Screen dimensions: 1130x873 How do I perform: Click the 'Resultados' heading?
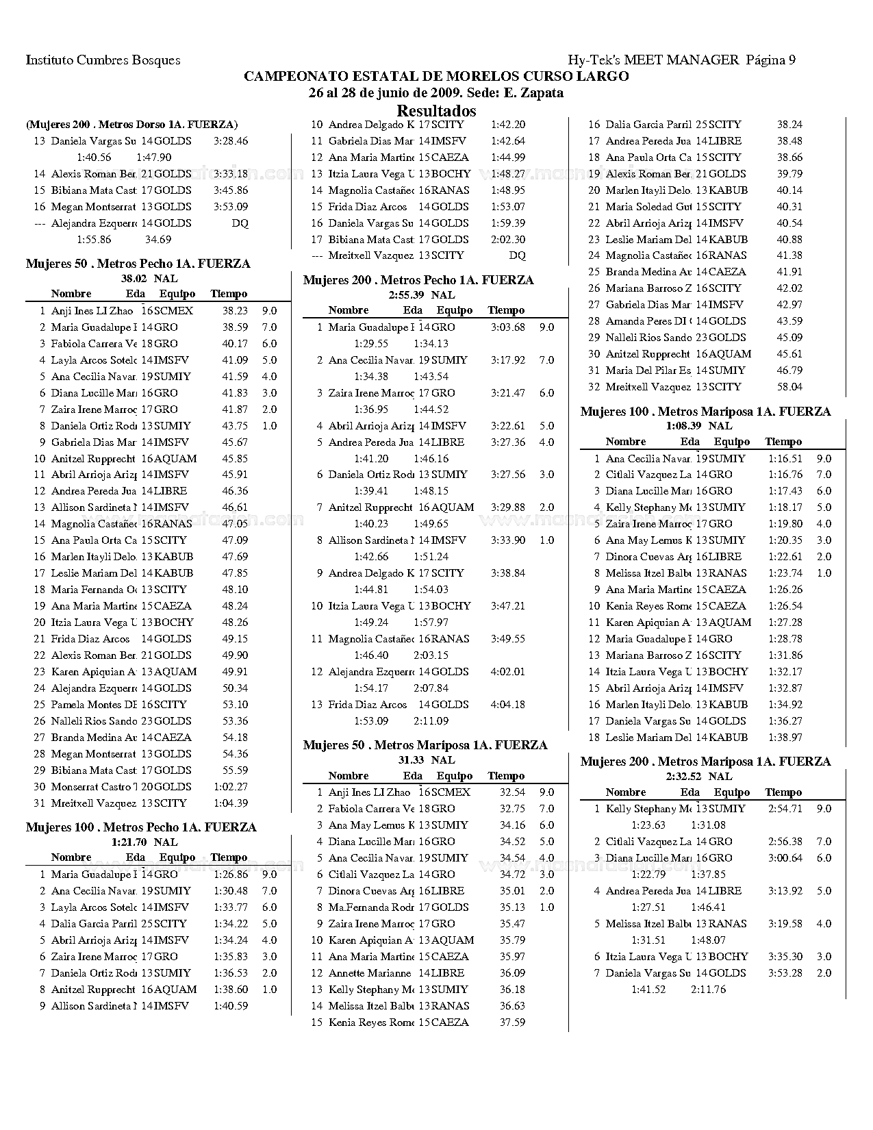point(436,110)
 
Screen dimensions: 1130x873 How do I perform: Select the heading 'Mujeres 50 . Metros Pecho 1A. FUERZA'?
point(138,264)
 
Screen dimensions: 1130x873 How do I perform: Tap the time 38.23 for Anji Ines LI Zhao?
point(235,311)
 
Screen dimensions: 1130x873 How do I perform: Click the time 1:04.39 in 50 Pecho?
point(230,803)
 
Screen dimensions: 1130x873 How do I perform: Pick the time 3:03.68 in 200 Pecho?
point(507,327)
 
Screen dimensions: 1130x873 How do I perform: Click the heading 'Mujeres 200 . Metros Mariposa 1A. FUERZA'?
point(705,762)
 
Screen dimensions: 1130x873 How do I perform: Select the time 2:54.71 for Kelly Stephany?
point(785,809)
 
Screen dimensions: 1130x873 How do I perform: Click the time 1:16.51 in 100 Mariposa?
point(785,459)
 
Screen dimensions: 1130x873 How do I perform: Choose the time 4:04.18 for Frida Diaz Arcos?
point(507,705)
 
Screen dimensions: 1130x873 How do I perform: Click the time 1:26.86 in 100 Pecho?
point(230,875)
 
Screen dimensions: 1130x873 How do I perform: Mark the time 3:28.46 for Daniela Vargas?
point(230,141)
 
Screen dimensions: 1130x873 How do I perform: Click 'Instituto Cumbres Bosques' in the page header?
point(103,60)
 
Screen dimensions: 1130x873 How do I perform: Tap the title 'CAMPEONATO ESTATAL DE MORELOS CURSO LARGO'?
point(436,76)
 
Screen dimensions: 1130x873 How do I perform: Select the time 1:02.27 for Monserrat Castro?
point(230,787)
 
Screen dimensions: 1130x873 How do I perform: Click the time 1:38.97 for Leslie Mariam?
point(785,738)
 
